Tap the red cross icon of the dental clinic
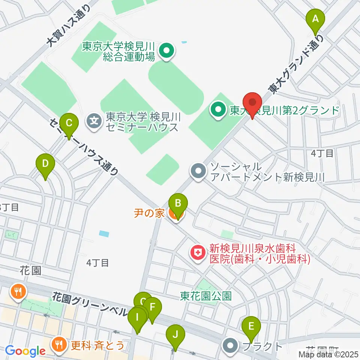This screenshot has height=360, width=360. [196, 252]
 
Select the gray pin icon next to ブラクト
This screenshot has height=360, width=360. [230, 346]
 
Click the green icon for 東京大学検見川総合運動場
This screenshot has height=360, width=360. [166, 52]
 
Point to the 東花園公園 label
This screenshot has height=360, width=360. [205, 296]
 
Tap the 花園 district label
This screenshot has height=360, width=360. [31, 271]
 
